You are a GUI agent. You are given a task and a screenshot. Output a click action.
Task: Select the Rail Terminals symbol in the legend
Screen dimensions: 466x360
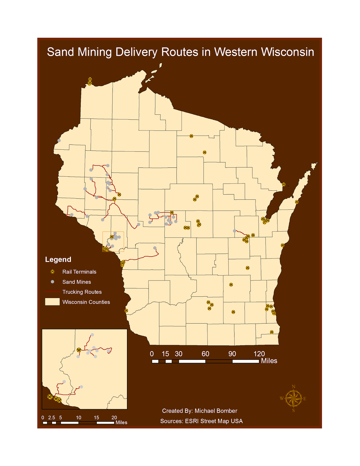[x=52, y=272]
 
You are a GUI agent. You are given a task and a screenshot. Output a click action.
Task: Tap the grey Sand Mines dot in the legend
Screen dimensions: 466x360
[x=52, y=282]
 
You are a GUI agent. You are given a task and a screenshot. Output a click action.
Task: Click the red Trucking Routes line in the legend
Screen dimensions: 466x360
[x=52, y=292]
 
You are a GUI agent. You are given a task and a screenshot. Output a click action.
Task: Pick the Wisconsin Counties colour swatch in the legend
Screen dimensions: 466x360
[x=52, y=302]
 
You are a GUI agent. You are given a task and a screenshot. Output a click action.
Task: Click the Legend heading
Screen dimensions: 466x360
[x=58, y=260]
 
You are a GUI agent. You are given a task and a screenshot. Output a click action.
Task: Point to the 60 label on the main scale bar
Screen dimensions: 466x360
[x=205, y=354]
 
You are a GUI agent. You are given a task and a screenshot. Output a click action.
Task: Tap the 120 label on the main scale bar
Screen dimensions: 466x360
[x=259, y=354]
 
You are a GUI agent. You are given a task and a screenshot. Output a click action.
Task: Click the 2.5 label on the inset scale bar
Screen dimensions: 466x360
[x=52, y=418]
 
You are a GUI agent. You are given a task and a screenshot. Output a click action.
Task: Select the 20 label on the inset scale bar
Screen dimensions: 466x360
[x=114, y=418]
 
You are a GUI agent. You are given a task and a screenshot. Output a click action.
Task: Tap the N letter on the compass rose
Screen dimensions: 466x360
[x=294, y=387]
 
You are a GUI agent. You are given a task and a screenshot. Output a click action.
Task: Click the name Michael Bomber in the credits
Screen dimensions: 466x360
[x=216, y=411]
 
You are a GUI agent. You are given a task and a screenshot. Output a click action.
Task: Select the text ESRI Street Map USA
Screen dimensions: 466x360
[x=214, y=421]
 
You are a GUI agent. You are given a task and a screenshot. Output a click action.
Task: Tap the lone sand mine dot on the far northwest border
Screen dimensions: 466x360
[x=59, y=140]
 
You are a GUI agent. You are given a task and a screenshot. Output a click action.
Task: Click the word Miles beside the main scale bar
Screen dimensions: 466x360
[x=269, y=361]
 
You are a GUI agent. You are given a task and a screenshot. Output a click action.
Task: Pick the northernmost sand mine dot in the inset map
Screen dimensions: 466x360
[x=92, y=335]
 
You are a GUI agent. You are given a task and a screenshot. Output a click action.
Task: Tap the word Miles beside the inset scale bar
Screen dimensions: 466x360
[x=121, y=423]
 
